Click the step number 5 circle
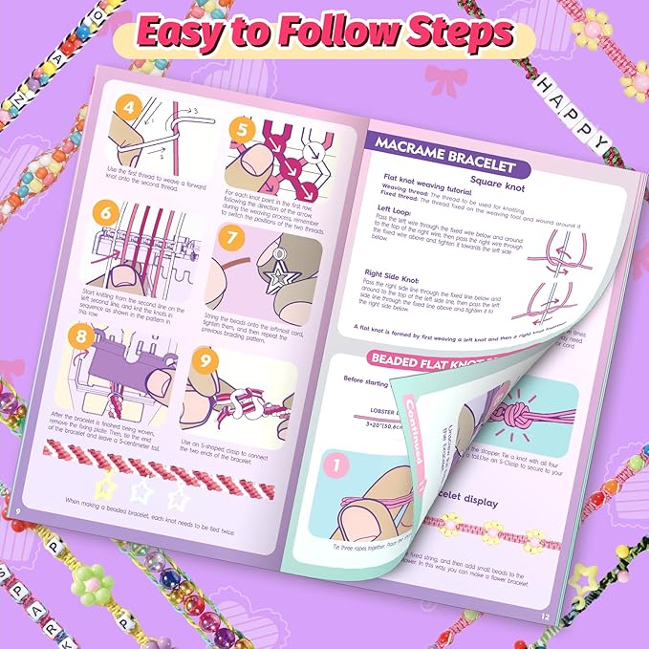(241, 127)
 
